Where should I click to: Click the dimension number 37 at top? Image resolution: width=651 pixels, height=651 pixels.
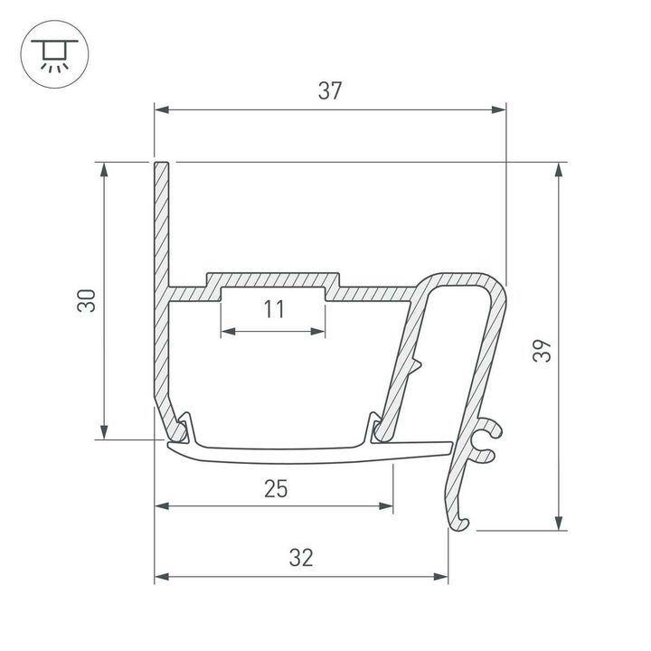[329, 90]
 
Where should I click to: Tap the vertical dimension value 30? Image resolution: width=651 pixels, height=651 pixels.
[86, 300]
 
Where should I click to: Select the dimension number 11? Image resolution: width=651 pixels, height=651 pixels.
[274, 310]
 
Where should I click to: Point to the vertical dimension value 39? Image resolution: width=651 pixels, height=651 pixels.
[540, 349]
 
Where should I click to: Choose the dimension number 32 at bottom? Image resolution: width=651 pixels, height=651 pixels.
[301, 558]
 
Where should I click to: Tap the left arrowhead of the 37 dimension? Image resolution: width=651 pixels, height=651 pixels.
[162, 110]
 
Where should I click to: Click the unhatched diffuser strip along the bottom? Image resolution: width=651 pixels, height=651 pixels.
[307, 451]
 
